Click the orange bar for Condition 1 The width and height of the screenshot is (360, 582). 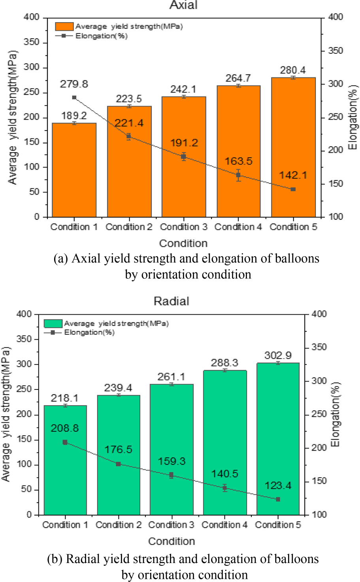pos(74,170)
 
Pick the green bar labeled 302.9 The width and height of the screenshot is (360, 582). pos(278,439)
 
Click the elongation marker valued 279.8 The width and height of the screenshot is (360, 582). pos(74,97)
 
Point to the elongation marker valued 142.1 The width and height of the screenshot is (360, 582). pos(293,189)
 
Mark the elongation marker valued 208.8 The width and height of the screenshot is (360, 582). pos(65,442)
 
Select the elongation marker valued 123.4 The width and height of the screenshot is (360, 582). pos(278,499)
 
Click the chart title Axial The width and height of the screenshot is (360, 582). pos(183,5)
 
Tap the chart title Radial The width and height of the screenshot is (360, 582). pos(172,301)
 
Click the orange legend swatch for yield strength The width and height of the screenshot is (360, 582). pos(64,26)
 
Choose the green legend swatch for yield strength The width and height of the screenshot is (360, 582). pos(53,323)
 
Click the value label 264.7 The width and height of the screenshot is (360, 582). pos(238,78)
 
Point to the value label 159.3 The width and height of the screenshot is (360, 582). pos(172,461)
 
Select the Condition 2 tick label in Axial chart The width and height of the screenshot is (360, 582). pos(129,227)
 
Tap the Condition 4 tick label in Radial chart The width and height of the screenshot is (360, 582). pos(224,525)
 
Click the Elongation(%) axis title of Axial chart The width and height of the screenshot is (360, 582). pos(352,117)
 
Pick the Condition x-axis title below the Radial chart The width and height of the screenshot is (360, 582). pos(172,541)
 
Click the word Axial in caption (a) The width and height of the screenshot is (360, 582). pos(86,259)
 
